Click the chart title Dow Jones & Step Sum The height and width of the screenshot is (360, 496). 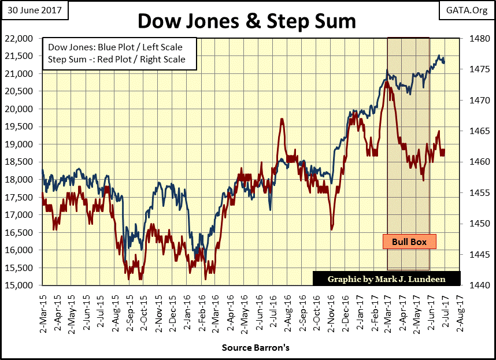[x=247, y=21]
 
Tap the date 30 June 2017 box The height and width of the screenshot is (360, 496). [x=34, y=9]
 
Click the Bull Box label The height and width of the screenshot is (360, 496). [x=409, y=242]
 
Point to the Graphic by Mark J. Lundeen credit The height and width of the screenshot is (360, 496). [x=386, y=279]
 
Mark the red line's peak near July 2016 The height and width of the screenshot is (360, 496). [x=282, y=119]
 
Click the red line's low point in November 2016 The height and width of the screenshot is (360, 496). [x=332, y=229]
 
